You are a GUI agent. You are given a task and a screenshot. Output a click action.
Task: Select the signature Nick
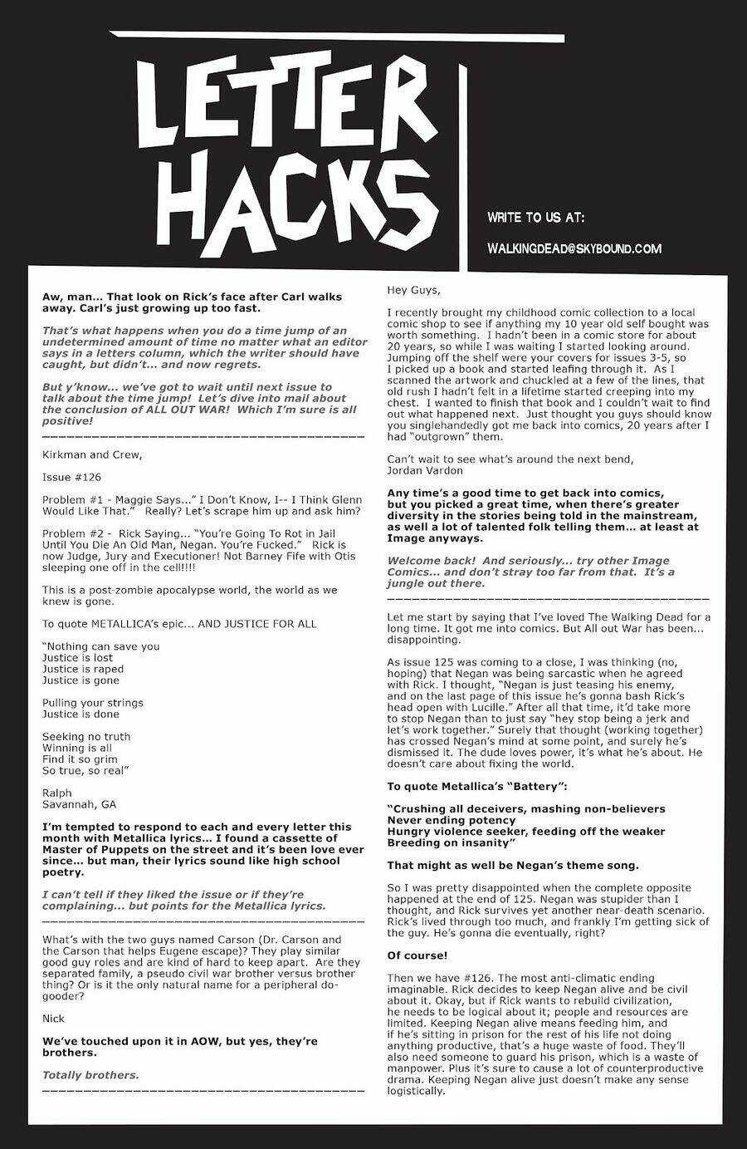53,1018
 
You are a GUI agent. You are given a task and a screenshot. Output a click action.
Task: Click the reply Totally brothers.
90,1074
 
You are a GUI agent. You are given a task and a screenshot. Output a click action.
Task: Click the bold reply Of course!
417,955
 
